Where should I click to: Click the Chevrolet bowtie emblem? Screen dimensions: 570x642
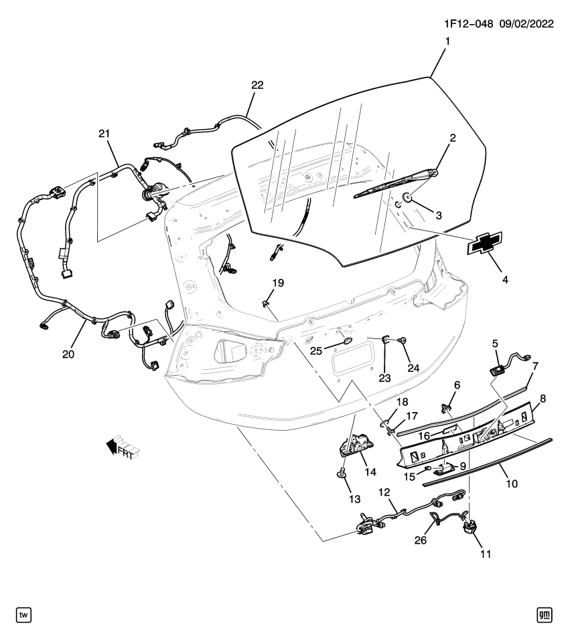pos(487,245)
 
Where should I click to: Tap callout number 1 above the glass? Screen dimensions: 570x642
pos(447,41)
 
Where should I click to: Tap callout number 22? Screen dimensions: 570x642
pos(257,85)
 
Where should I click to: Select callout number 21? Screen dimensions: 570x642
pos(104,134)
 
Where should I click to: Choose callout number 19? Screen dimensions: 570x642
pos(278,284)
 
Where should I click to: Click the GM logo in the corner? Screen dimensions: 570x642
pos(545,614)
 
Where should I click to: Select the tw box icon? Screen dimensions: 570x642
pos(23,614)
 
